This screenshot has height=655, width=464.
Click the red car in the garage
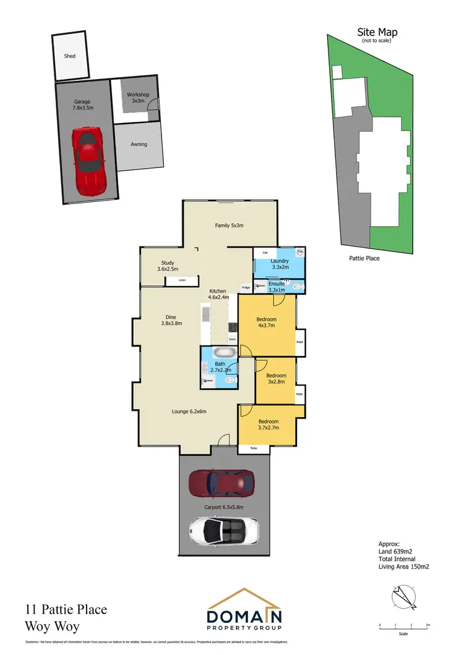pos(90,161)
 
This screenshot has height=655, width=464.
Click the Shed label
pos(70,56)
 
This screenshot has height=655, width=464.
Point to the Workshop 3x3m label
pos(138,98)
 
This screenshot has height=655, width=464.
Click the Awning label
pos(139,145)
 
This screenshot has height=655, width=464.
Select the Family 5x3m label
pos(229,226)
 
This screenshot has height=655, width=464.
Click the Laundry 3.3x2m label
pos(281,264)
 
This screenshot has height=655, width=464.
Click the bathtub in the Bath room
pos(224,353)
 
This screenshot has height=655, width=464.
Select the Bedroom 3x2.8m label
pos(276,378)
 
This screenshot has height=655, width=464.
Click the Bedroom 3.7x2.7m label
pos(269,424)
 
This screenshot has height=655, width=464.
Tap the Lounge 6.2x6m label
pos(189,412)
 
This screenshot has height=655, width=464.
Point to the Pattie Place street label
pos(363,258)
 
